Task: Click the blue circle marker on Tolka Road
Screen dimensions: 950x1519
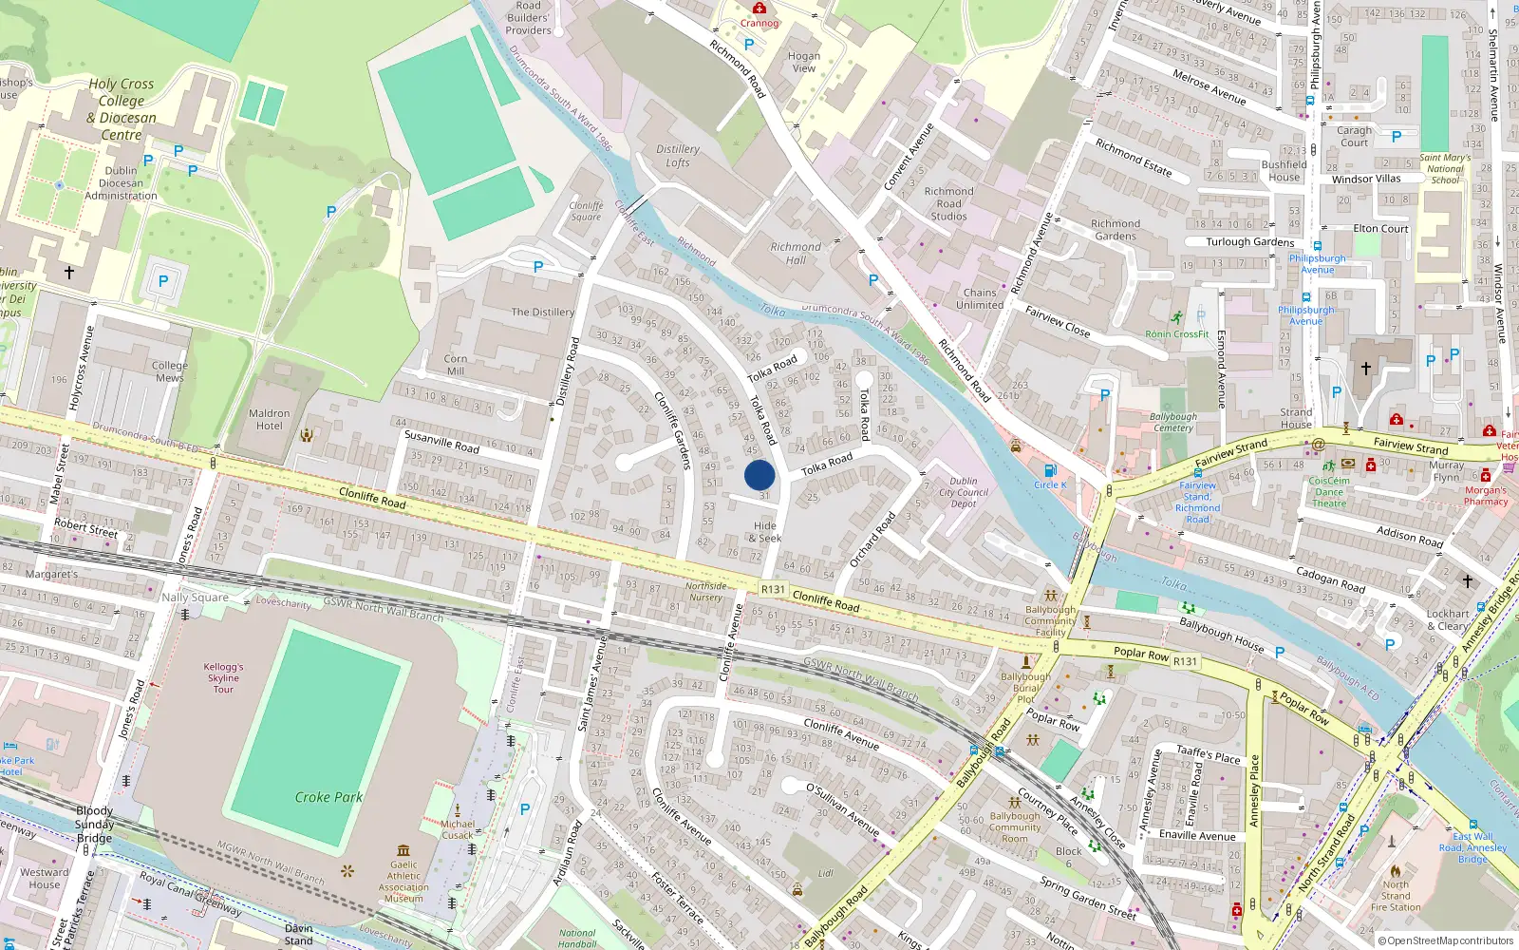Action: [x=759, y=475]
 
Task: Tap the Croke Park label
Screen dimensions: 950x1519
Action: [x=328, y=797]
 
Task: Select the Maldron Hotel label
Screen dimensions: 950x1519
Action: [x=270, y=419]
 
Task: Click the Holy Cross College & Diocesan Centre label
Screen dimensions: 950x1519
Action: [x=122, y=109]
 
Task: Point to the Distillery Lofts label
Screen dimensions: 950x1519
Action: [x=678, y=156]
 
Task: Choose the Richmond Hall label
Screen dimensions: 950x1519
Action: [x=796, y=253]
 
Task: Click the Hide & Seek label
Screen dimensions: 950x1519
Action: [x=765, y=532]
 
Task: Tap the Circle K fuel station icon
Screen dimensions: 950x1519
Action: [x=1050, y=470]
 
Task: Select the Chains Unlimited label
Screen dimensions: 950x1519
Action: [x=980, y=298]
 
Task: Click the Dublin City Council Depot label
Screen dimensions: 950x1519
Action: [x=964, y=492]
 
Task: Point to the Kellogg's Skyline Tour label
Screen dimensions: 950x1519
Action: [x=223, y=677]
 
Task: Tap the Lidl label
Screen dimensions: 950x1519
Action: [x=825, y=873]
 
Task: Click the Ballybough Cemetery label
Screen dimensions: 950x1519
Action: [x=1173, y=422]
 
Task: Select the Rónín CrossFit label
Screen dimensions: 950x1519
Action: [x=1177, y=333]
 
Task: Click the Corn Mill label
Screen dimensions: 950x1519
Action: [x=456, y=365]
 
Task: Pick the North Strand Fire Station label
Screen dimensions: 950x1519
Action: [x=1396, y=895]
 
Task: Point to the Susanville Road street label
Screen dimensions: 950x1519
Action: [x=441, y=441]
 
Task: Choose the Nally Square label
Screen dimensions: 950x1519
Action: [x=195, y=598]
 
